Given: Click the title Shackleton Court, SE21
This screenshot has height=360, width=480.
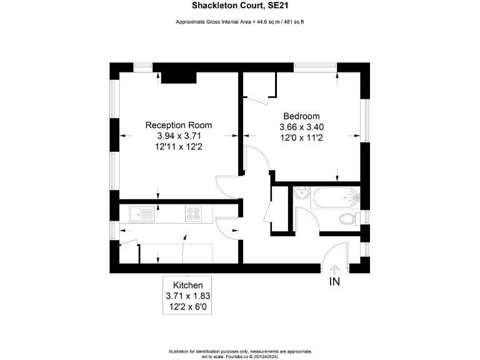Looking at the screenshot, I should pyautogui.click(x=239, y=6).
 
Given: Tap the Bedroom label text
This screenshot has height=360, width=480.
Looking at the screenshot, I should pyautogui.click(x=301, y=116).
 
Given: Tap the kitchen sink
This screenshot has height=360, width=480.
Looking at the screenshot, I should pyautogui.click(x=142, y=214).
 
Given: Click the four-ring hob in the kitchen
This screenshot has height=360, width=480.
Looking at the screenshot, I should pyautogui.click(x=193, y=214).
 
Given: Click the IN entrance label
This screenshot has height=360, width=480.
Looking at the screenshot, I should pyautogui.click(x=335, y=282).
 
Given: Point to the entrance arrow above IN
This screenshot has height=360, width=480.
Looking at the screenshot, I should pyautogui.click(x=335, y=269).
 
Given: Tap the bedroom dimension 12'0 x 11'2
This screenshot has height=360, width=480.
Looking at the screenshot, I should pyautogui.click(x=301, y=137).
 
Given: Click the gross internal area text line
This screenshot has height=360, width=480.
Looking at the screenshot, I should pyautogui.click(x=239, y=22).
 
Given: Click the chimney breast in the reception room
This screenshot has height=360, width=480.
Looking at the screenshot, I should pyautogui.click(x=179, y=77).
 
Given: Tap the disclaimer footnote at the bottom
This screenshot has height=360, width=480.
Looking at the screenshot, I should pyautogui.click(x=239, y=352).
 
